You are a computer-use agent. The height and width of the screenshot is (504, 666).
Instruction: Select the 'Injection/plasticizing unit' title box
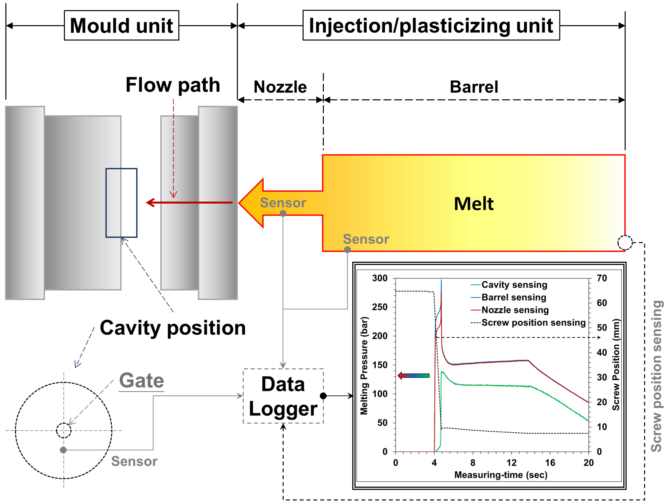tap(431, 25)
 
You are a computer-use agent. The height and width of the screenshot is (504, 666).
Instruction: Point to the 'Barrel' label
tap(474, 87)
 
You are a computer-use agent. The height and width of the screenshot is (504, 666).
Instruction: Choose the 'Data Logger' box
tap(283, 396)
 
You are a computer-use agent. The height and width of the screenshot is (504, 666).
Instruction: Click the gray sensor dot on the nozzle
tap(283, 213)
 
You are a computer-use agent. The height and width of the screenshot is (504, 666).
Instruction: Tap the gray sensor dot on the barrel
tap(347, 249)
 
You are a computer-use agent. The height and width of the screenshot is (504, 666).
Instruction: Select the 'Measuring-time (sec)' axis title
tap(501, 475)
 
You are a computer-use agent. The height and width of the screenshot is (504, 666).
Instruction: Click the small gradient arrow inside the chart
tap(413, 376)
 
